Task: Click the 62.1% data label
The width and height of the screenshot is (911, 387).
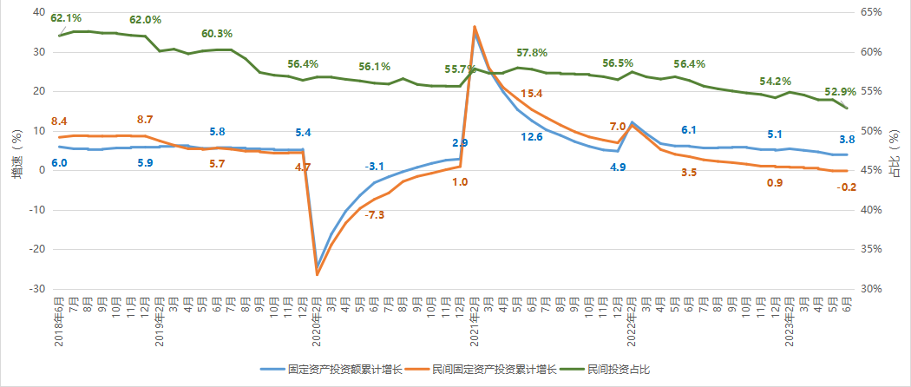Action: pyautogui.click(x=67, y=18)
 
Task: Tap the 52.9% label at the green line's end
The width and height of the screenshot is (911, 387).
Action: pyautogui.click(x=840, y=91)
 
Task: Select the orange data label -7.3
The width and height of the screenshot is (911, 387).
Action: pyautogui.click(x=376, y=214)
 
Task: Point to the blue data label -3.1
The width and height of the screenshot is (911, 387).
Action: pyautogui.click(x=375, y=166)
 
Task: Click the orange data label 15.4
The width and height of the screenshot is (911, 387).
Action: pyautogui.click(x=531, y=94)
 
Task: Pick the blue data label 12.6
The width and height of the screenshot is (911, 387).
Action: pyautogui.click(x=531, y=137)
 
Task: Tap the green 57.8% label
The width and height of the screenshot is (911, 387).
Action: pyautogui.click(x=531, y=54)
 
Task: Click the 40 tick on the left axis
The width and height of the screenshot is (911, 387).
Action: pyautogui.click(x=38, y=12)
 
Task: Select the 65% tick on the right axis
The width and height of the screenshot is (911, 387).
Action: pyautogui.click(x=872, y=12)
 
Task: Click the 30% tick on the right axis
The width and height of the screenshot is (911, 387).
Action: pyautogui.click(x=872, y=289)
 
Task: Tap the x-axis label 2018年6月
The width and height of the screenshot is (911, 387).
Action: pyautogui.click(x=59, y=321)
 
